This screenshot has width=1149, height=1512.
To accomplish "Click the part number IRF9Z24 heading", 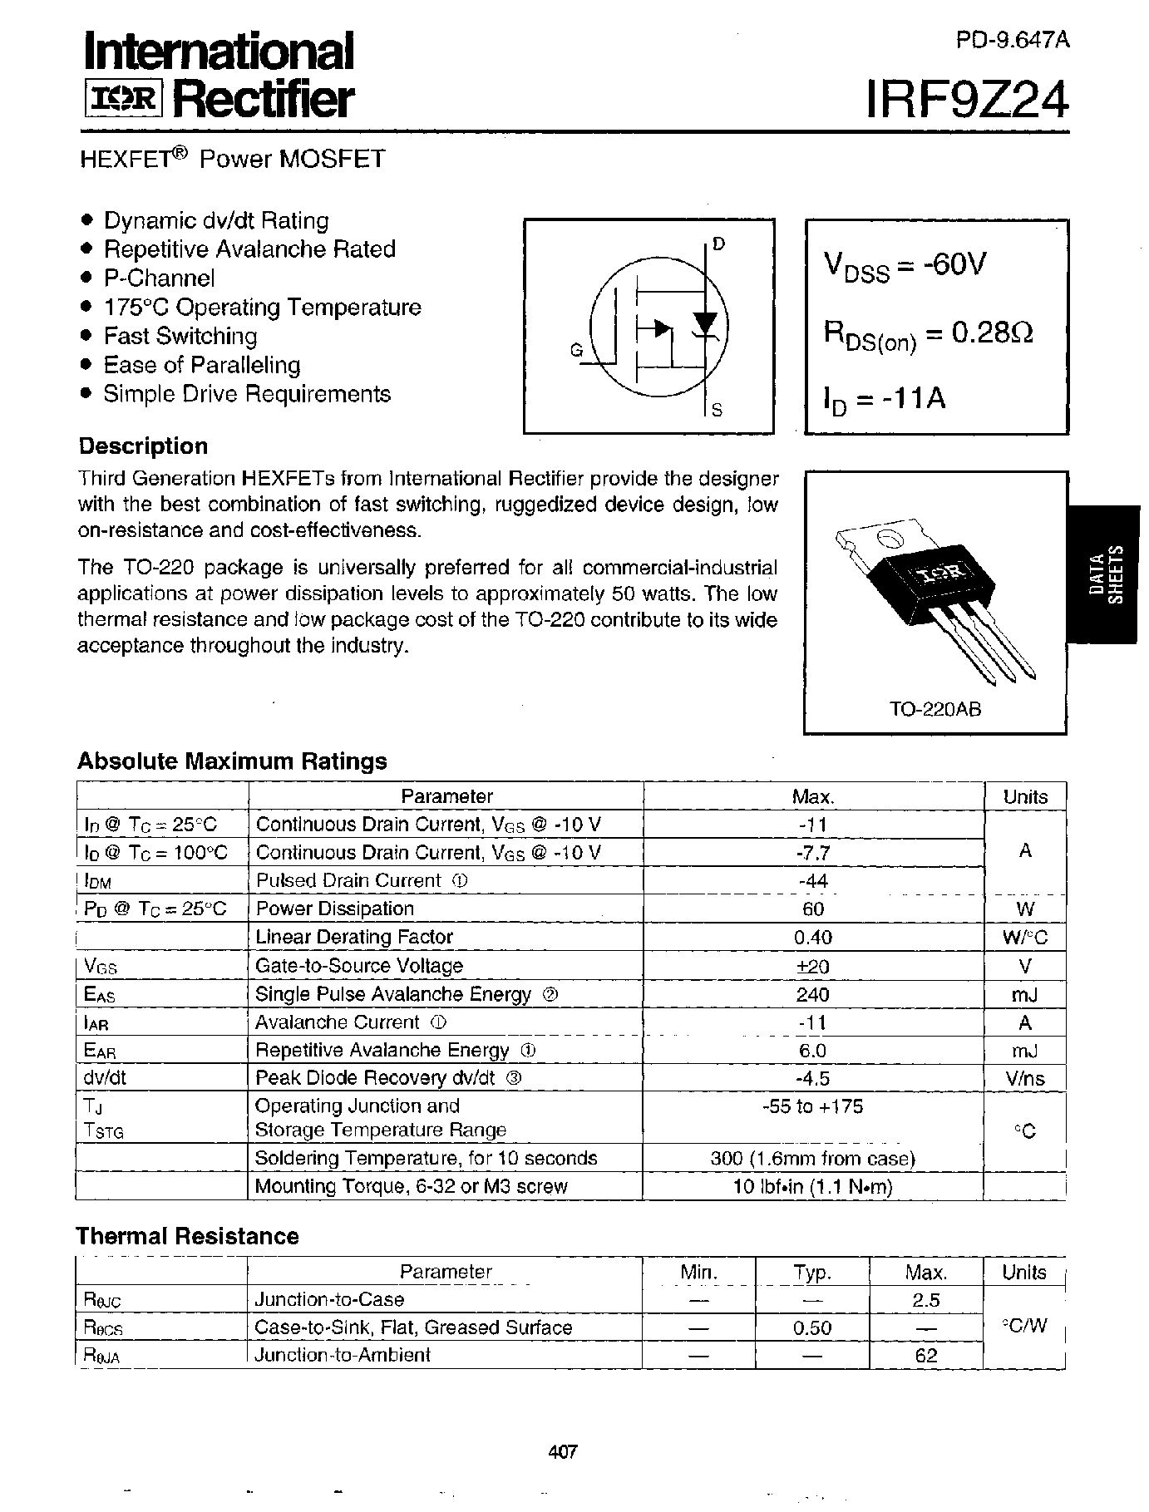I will coord(967,102).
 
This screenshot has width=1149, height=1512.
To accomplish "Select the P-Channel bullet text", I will coord(159,278).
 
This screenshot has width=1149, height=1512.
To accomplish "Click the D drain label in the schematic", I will coord(719,244).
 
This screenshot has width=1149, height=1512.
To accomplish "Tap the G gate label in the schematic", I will coord(576,352).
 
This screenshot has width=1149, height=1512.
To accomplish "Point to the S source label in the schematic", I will coord(717,410).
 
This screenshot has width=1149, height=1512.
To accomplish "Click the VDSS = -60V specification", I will coord(905,265).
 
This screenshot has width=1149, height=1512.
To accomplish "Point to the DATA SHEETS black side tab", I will coord(1106,574).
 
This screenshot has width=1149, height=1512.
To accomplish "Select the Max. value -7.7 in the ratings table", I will coord(812,853).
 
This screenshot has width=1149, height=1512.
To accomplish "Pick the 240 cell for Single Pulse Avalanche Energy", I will coord(812,994).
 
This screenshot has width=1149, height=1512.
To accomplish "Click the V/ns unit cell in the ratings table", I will coord(1024,1079).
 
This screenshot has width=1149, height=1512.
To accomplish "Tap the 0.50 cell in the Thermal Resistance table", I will coord(812,1327).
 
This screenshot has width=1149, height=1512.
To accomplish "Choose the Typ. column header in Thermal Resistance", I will coord(812,1273).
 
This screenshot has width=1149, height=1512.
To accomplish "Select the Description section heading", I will coord(143,446).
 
